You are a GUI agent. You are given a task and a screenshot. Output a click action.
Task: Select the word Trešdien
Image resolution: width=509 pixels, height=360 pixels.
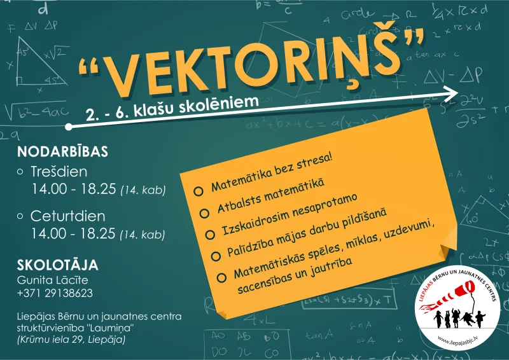click(59, 171)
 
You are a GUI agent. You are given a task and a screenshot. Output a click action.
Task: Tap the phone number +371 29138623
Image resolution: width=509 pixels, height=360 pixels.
click(55, 293)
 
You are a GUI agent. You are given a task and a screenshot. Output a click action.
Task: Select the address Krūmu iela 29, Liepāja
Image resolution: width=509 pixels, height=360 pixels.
click(71, 340)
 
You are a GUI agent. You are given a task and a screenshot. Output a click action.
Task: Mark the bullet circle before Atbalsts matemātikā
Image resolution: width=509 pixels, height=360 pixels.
click(205, 212)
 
